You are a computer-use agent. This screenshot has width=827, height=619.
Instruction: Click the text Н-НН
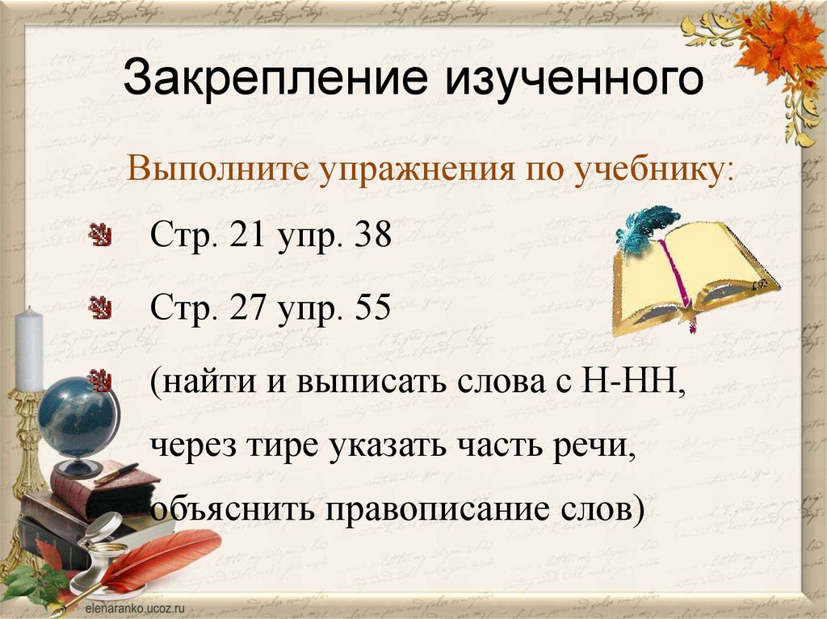tap(628, 379)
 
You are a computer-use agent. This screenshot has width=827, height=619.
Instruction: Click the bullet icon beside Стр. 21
tap(100, 236)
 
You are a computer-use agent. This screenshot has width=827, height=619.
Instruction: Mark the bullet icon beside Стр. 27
tap(100, 307)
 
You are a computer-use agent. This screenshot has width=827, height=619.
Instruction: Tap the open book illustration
tap(695, 274)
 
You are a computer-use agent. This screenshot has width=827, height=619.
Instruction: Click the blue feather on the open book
tap(646, 226)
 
